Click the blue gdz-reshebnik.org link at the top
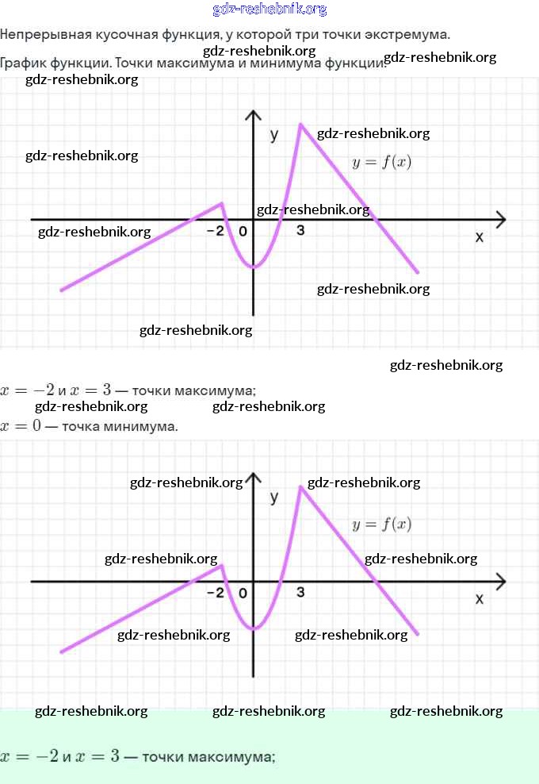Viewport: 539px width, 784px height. (x=269, y=9)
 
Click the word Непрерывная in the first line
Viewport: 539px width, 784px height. (x=46, y=34)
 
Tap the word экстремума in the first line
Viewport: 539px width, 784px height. (x=407, y=34)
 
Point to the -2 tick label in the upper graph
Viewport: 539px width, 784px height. (x=216, y=230)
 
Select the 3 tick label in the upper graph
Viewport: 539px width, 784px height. (x=300, y=230)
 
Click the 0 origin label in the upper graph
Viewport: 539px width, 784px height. (x=243, y=231)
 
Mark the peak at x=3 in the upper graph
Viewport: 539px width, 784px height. (x=300, y=124)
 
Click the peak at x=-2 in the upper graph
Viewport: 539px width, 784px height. (x=222, y=203)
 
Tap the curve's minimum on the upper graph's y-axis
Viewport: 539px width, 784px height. (x=254, y=267)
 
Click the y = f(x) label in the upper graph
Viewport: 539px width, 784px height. (x=381, y=162)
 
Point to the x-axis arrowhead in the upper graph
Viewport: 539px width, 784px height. (x=501, y=220)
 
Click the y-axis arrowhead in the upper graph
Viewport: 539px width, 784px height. (x=254, y=115)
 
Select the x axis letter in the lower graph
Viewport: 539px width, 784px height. (x=479, y=598)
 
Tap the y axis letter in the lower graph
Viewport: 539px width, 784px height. (x=273, y=497)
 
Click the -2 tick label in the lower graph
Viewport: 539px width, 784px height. (x=216, y=593)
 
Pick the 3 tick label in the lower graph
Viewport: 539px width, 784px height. (x=300, y=592)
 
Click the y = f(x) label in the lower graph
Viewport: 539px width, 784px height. (x=381, y=524)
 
